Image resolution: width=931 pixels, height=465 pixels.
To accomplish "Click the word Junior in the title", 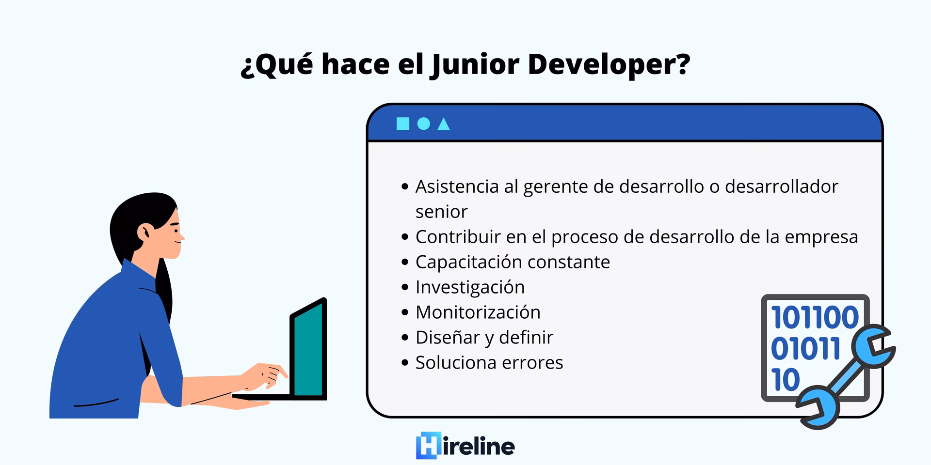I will coord(475,64).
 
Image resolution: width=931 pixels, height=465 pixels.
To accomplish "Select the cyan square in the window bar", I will coord(402,124).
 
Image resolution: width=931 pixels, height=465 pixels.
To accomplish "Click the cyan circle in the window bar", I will coord(423,124).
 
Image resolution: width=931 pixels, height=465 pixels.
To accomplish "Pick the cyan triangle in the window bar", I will coord(443,125).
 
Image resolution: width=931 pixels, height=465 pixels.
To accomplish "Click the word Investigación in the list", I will coord(470,287).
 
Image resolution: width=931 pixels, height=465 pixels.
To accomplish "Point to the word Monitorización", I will coord(478,312).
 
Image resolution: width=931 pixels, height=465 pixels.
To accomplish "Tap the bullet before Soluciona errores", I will coord(405,363).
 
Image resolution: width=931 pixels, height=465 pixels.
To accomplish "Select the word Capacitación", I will coord(468,262).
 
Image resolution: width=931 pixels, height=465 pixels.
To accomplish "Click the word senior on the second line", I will coord(441,212).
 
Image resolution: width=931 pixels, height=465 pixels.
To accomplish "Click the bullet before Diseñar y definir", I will coord(405,338).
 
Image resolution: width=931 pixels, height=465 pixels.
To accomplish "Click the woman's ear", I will coord(144,232).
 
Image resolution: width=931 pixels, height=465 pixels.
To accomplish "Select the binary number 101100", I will coord(815,318).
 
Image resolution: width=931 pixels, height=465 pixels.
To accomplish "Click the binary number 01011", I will coord(805,349).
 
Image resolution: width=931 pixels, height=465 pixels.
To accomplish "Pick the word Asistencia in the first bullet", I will coord(457,186).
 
